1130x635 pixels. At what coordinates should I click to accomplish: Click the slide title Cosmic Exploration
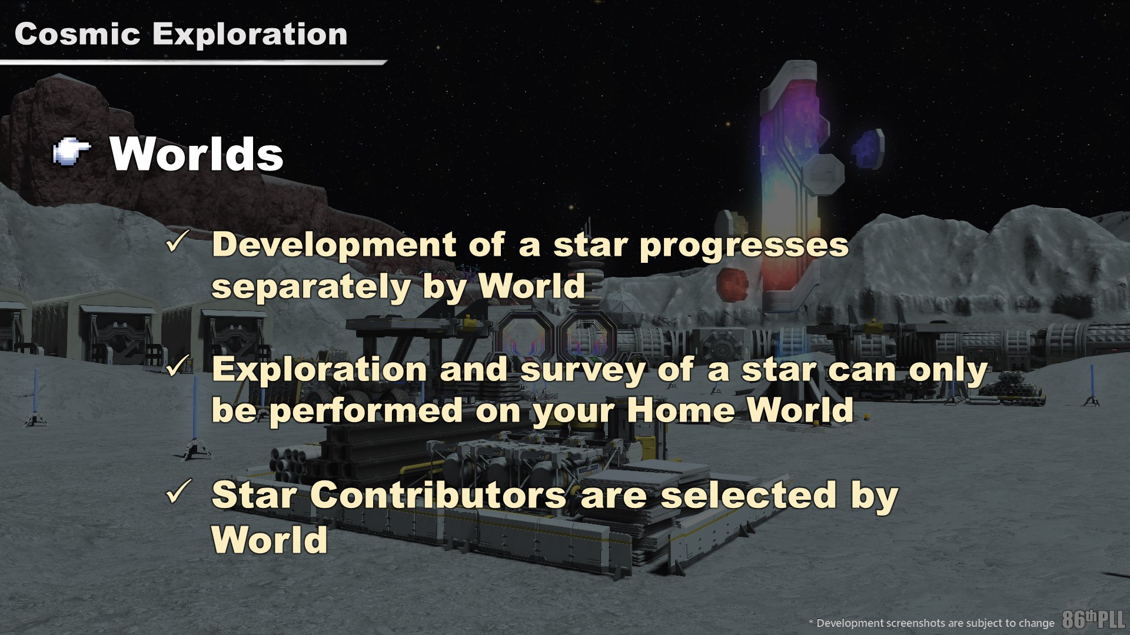[x=181, y=34]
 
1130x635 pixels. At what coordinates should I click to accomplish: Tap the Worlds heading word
[x=197, y=154]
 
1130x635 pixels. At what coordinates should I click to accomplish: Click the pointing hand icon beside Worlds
[x=72, y=153]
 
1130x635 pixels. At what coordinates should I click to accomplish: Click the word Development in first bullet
[x=334, y=246]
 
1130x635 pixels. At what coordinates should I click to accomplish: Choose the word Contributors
[x=438, y=495]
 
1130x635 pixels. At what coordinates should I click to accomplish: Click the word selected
[x=748, y=495]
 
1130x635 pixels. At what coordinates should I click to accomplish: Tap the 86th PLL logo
[x=1094, y=619]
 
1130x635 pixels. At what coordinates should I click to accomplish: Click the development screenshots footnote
[x=932, y=623]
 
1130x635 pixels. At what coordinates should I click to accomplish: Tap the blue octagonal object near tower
[x=868, y=148]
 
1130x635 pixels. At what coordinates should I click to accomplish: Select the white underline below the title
[x=193, y=62]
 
